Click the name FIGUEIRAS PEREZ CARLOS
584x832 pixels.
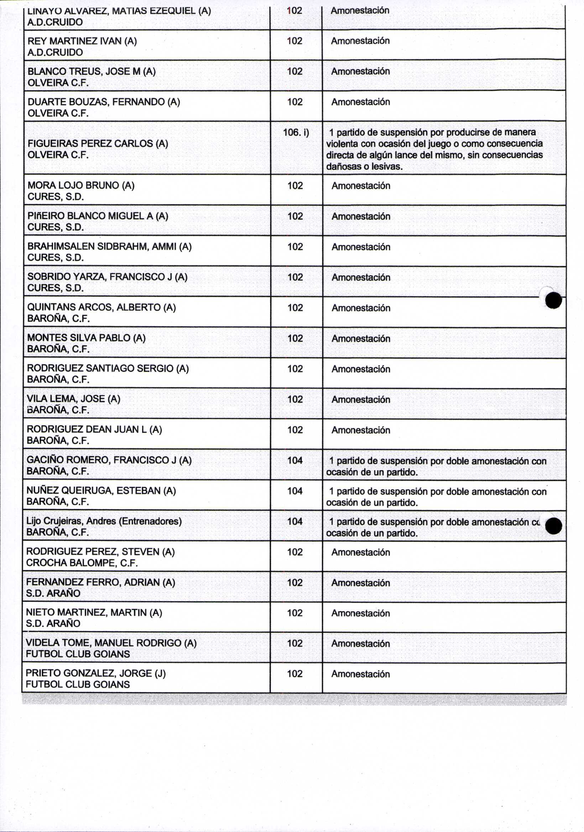pos(91,143)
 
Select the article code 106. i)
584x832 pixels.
pos(296,133)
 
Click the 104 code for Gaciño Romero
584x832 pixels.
pos(295,460)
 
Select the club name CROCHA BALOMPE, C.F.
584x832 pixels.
pos(82,563)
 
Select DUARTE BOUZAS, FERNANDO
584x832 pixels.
pos(96,102)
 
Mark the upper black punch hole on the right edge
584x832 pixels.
pos(553,300)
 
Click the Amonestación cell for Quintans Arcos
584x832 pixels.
pos(361,308)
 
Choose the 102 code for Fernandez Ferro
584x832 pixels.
pos(294,582)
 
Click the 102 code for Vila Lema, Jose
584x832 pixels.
pos(295,399)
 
